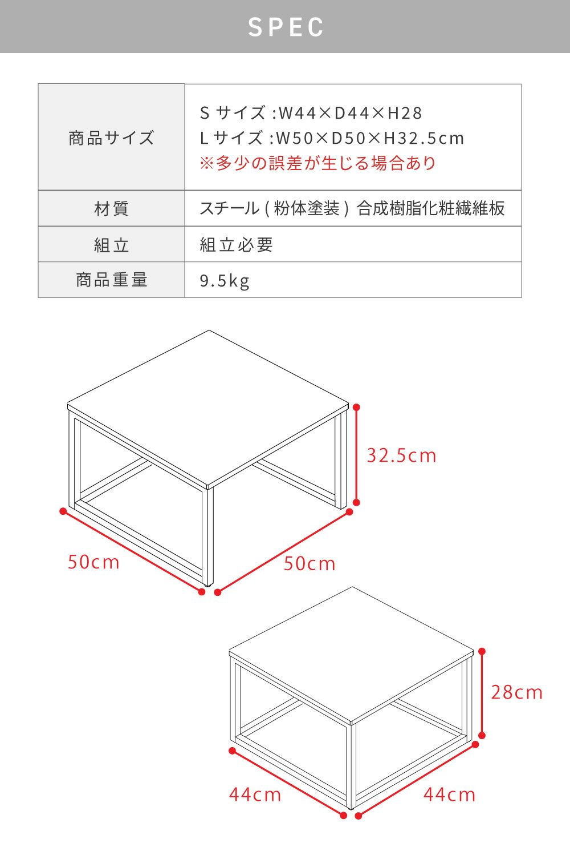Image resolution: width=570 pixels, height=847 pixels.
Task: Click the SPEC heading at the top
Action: coord(286,27)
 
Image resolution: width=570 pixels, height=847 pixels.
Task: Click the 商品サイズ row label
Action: coord(111,138)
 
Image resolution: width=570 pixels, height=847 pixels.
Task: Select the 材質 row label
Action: coord(111,208)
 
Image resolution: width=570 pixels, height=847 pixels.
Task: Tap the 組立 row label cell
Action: coord(111,245)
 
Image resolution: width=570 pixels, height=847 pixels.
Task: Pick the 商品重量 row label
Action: coord(111,280)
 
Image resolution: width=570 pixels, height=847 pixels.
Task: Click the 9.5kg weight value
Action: coord(225,281)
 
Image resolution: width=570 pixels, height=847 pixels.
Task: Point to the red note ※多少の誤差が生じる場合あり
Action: coord(317,163)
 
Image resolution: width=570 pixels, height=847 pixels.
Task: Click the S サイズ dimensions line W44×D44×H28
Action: coord(311,112)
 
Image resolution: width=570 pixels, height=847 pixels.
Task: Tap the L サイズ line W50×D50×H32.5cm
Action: coord(332,138)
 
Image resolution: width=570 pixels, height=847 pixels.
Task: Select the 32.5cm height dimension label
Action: coord(401,455)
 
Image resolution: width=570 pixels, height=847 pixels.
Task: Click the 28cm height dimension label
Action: coord(516,693)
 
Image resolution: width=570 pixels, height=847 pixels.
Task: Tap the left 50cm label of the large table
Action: coord(93,562)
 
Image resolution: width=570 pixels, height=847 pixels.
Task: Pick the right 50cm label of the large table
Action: coord(310,564)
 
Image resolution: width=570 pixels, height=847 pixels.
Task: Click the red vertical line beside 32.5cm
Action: coord(356,454)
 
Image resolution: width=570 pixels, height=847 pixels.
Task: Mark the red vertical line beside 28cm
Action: coord(482,693)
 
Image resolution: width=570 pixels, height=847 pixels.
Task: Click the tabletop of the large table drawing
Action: coord(207,406)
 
